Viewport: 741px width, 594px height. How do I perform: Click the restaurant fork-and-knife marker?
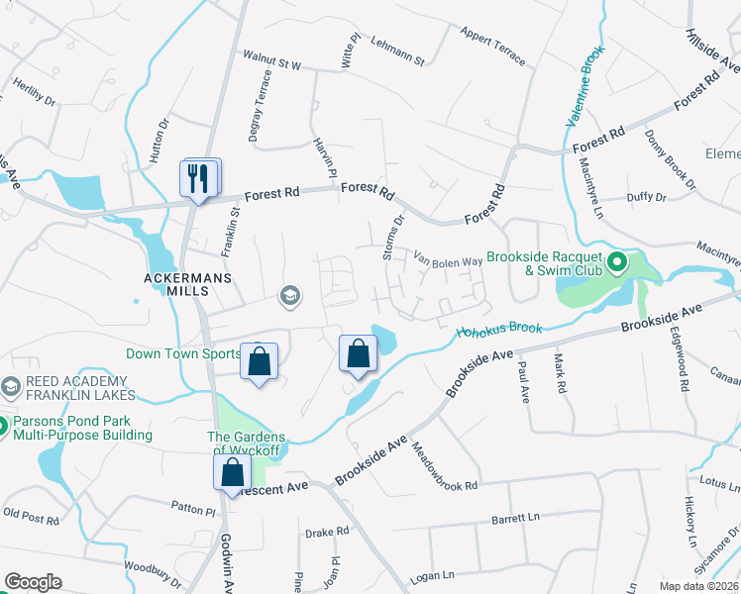(x=199, y=179)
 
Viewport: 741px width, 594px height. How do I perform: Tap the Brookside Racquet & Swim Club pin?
(x=616, y=263)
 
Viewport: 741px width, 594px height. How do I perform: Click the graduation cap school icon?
(x=289, y=293)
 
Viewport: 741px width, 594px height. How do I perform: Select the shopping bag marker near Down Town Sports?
(x=259, y=361)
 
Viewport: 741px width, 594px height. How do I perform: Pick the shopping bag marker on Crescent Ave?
(x=232, y=471)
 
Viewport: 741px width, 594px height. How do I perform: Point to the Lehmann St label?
(x=396, y=51)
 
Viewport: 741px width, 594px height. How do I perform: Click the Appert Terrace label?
(x=492, y=46)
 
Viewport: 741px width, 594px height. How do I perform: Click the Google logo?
(x=34, y=582)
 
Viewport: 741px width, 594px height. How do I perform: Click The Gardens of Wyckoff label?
(x=246, y=445)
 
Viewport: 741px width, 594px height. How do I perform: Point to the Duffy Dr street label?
(x=647, y=197)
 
